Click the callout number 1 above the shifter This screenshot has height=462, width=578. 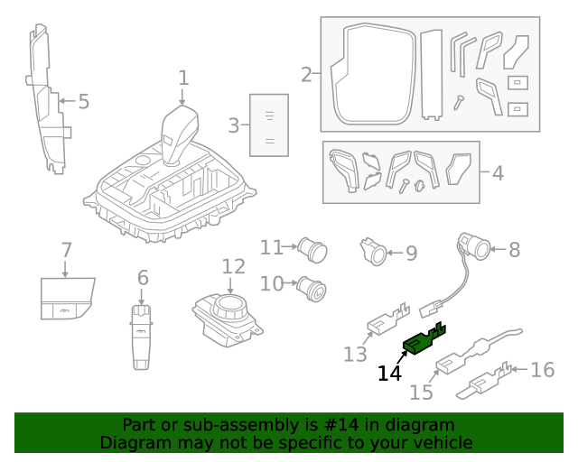click(x=183, y=78)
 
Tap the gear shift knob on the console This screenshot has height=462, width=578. click(x=181, y=131)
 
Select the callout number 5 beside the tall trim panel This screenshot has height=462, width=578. click(x=83, y=101)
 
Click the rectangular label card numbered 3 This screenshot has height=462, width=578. click(x=269, y=125)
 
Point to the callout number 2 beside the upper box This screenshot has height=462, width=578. click(x=306, y=74)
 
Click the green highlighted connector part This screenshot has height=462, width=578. click(x=421, y=341)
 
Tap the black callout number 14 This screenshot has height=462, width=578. click(x=389, y=373)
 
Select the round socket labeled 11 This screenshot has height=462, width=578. click(x=314, y=246)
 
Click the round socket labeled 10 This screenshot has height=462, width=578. click(x=314, y=287)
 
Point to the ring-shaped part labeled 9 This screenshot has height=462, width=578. click(x=373, y=252)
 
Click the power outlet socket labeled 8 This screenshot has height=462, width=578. click(x=473, y=245)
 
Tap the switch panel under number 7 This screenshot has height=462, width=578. click(x=66, y=299)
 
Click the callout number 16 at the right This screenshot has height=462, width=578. click(x=542, y=369)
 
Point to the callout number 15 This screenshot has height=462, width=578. click(x=422, y=392)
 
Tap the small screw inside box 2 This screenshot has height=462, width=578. click(x=459, y=102)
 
